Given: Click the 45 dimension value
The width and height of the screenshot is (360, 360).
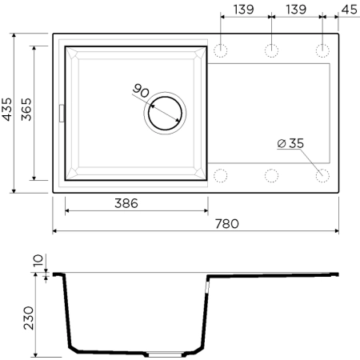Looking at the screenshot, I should [348, 10].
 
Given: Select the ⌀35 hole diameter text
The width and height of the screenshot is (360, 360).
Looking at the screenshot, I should [290, 144].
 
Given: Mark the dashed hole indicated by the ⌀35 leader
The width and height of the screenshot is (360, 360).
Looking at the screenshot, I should [322, 174].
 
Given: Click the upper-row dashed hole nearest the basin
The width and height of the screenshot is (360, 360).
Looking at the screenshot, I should [221, 50].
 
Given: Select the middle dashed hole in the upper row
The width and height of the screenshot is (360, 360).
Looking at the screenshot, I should [271, 50].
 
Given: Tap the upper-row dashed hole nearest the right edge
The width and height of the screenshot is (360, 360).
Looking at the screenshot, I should [322, 50].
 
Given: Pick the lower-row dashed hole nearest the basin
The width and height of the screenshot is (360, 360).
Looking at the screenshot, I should [221, 174].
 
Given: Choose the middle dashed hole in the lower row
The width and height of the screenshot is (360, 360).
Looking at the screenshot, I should [271, 174].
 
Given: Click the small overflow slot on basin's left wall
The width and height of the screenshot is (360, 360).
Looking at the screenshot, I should [61, 111].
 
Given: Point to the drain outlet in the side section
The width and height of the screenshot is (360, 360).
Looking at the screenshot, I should [167, 353].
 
